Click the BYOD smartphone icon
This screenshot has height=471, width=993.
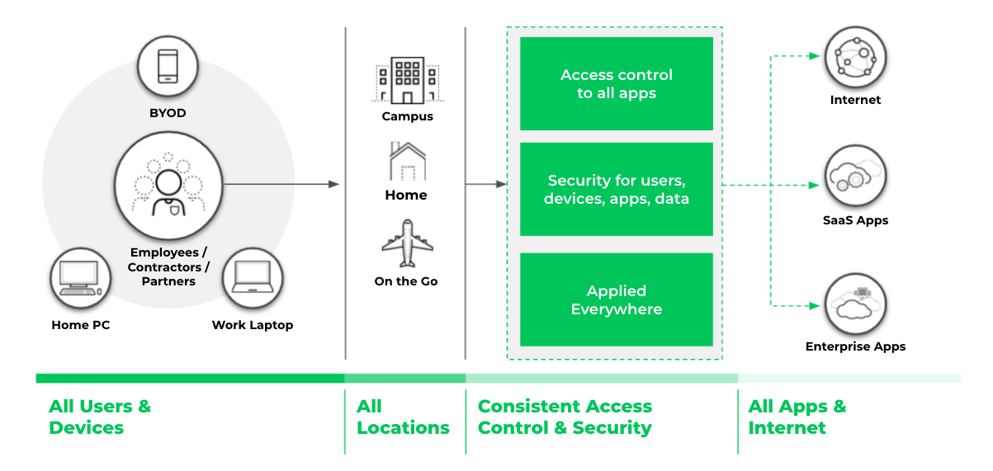tap(168, 66)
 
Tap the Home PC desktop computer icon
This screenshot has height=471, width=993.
tap(80, 277)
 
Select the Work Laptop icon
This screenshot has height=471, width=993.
tap(252, 277)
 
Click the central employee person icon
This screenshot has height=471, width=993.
tap(168, 186)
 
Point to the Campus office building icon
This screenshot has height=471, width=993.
tap(407, 80)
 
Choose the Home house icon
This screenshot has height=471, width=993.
tap(407, 161)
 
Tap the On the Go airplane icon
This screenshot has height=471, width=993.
tap(407, 243)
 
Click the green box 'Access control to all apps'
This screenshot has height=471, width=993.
tap(616, 83)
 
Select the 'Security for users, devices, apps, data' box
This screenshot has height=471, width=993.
tap(616, 189)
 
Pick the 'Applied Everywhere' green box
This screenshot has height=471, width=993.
tap(616, 299)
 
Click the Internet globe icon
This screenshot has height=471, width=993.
tap(855, 58)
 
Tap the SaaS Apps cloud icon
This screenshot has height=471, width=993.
tap(855, 178)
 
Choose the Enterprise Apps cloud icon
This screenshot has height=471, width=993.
tap(855, 304)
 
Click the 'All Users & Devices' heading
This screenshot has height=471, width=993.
tap(100, 417)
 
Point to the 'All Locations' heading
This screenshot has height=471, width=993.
tap(403, 417)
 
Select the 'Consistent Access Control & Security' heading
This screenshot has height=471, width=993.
tap(565, 417)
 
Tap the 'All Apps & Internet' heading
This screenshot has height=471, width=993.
tap(797, 417)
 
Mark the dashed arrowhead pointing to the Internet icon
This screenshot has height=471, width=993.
tap(814, 56)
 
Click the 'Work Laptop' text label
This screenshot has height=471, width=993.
tap(252, 325)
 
